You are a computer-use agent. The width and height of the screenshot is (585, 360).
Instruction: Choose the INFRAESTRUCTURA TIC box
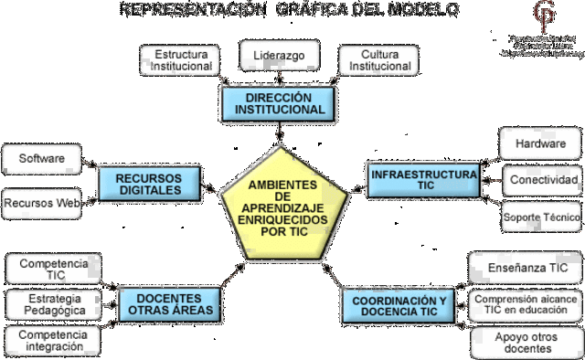pos(422,179)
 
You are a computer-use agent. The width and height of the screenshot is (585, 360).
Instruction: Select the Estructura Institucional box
pos(181,60)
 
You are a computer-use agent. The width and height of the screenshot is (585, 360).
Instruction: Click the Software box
pos(42,159)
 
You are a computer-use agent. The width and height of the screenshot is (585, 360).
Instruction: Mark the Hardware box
pos(540,143)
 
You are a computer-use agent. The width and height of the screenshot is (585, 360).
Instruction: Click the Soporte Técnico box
pos(540,218)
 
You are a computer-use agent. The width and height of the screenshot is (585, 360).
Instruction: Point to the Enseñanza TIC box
pos(525,268)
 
